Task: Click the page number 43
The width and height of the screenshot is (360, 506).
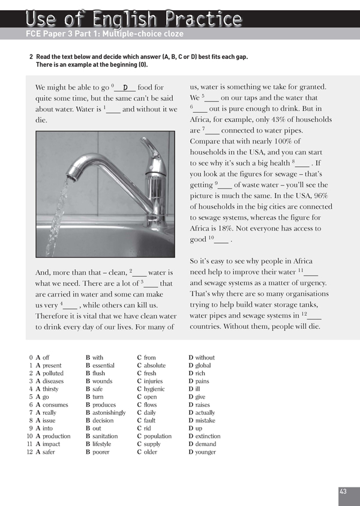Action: pos(343,492)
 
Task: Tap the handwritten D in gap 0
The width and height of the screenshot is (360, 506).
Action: pos(125,88)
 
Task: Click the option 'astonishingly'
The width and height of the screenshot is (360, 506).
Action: pos(109,413)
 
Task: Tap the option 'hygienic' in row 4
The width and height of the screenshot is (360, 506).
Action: pos(156,389)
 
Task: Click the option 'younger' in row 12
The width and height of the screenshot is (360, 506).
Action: pos(206,452)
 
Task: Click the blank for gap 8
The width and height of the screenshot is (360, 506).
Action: pos(302,163)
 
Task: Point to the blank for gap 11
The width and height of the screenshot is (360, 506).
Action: pos(312,272)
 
